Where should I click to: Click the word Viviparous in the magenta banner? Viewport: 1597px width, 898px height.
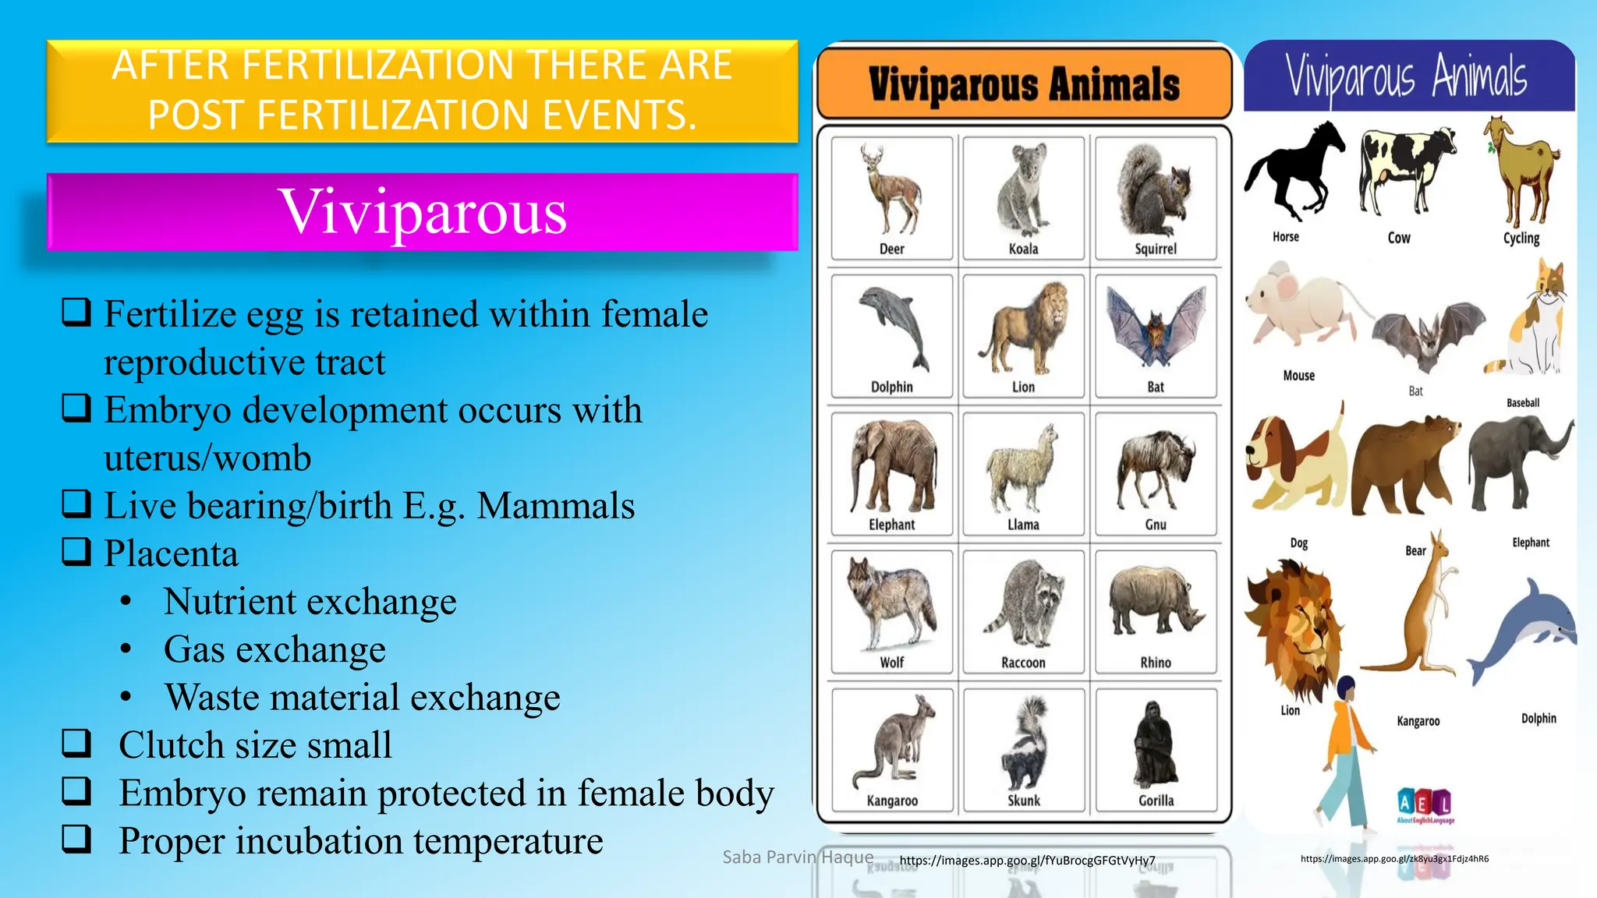[x=423, y=212]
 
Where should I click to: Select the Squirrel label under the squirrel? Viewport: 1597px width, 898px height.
[x=1155, y=249]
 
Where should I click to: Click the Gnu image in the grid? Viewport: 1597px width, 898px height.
[x=1155, y=468]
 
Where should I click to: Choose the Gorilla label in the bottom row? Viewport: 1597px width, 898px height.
[x=1155, y=801]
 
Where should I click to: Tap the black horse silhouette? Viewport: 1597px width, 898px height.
[x=1293, y=171]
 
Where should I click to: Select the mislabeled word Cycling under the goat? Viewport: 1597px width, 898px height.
[x=1521, y=238]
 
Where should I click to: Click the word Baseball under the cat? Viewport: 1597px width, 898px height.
[x=1522, y=403]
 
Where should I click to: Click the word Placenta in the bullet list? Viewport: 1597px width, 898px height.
[x=171, y=553]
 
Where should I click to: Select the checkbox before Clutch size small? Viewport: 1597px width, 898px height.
[x=76, y=744]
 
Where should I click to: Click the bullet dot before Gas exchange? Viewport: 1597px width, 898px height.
[x=126, y=649]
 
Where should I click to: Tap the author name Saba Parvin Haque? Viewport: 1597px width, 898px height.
[x=797, y=857]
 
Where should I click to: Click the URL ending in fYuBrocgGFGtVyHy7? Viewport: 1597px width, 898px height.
[x=1027, y=861]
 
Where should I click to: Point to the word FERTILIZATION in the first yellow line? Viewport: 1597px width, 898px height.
[x=378, y=65]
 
